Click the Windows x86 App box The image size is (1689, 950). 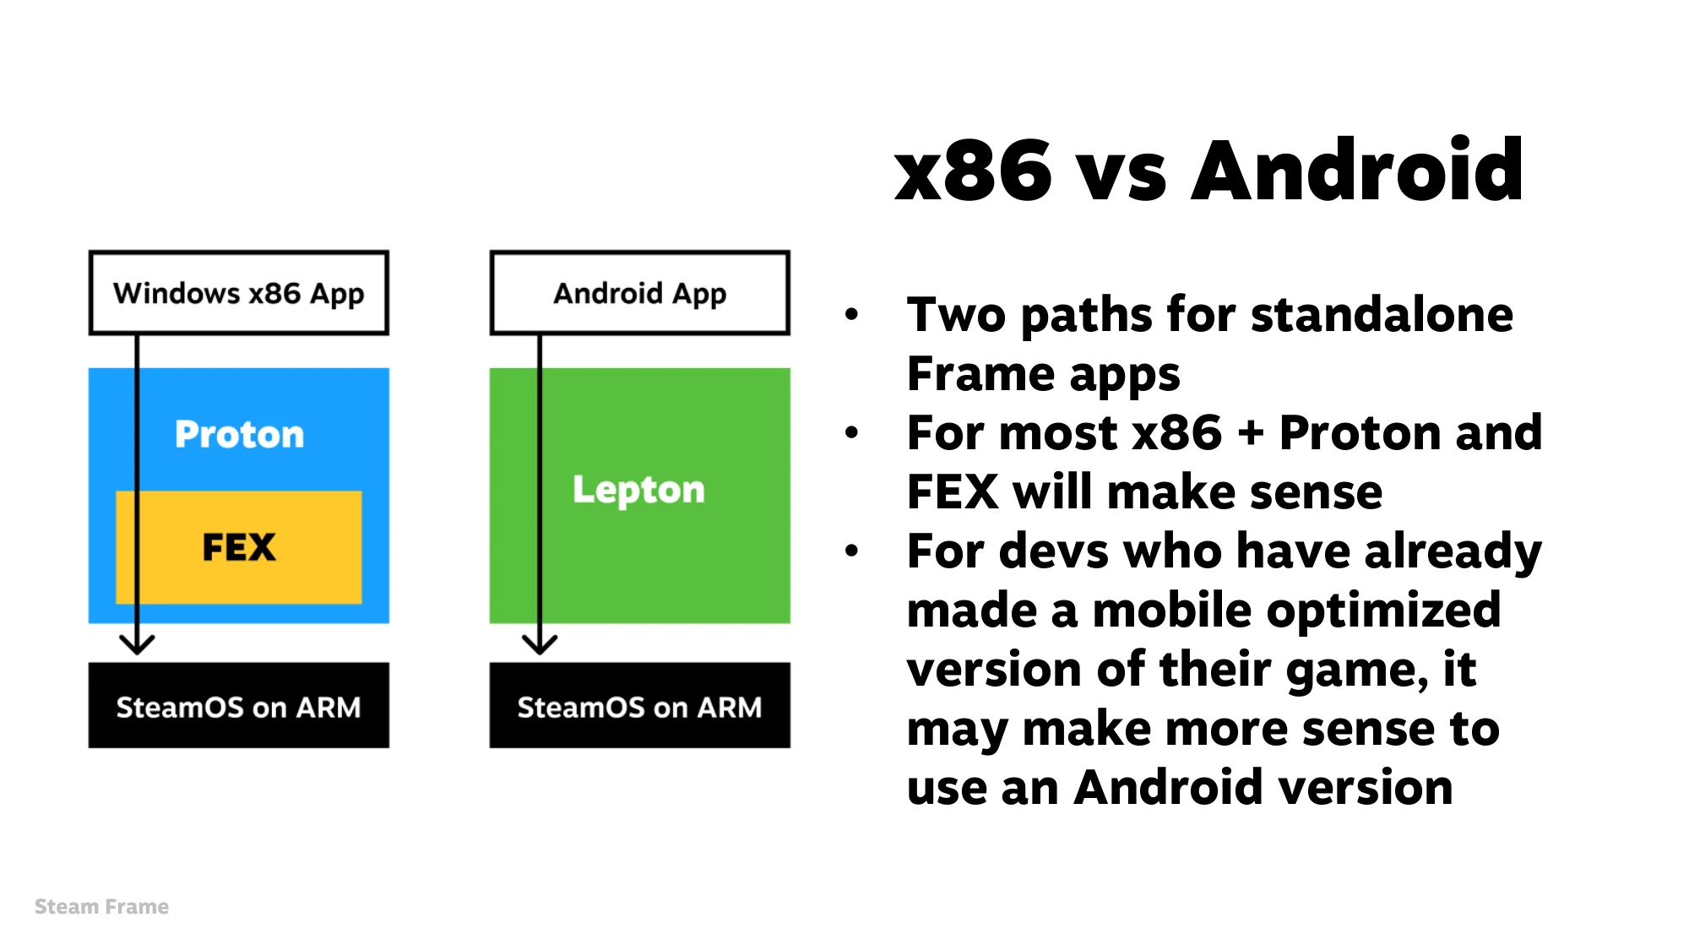pyautogui.click(x=239, y=293)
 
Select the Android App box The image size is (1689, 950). pyautogui.click(x=640, y=293)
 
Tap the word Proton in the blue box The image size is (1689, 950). pyautogui.click(x=239, y=434)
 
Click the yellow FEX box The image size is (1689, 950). pyautogui.click(x=239, y=547)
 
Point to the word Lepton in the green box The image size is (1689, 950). pyautogui.click(x=638, y=490)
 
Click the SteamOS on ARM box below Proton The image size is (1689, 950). pyautogui.click(x=239, y=705)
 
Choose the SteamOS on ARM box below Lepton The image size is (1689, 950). pyautogui.click(x=640, y=705)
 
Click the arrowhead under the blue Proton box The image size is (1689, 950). pyautogui.click(x=137, y=645)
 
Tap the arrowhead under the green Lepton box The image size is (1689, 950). pyautogui.click(x=540, y=645)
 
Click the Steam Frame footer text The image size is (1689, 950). pyautogui.click(x=101, y=907)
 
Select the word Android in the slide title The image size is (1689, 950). pyautogui.click(x=1357, y=171)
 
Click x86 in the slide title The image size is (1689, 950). pyautogui.click(x=973, y=171)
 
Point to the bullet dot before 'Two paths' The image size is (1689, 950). pyautogui.click(x=851, y=315)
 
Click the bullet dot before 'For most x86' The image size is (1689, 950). pyautogui.click(x=851, y=433)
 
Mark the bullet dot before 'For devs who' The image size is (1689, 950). pyautogui.click(x=851, y=551)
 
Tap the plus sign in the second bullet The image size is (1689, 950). pyautogui.click(x=1251, y=434)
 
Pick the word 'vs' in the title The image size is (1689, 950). pyautogui.click(x=1123, y=179)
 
